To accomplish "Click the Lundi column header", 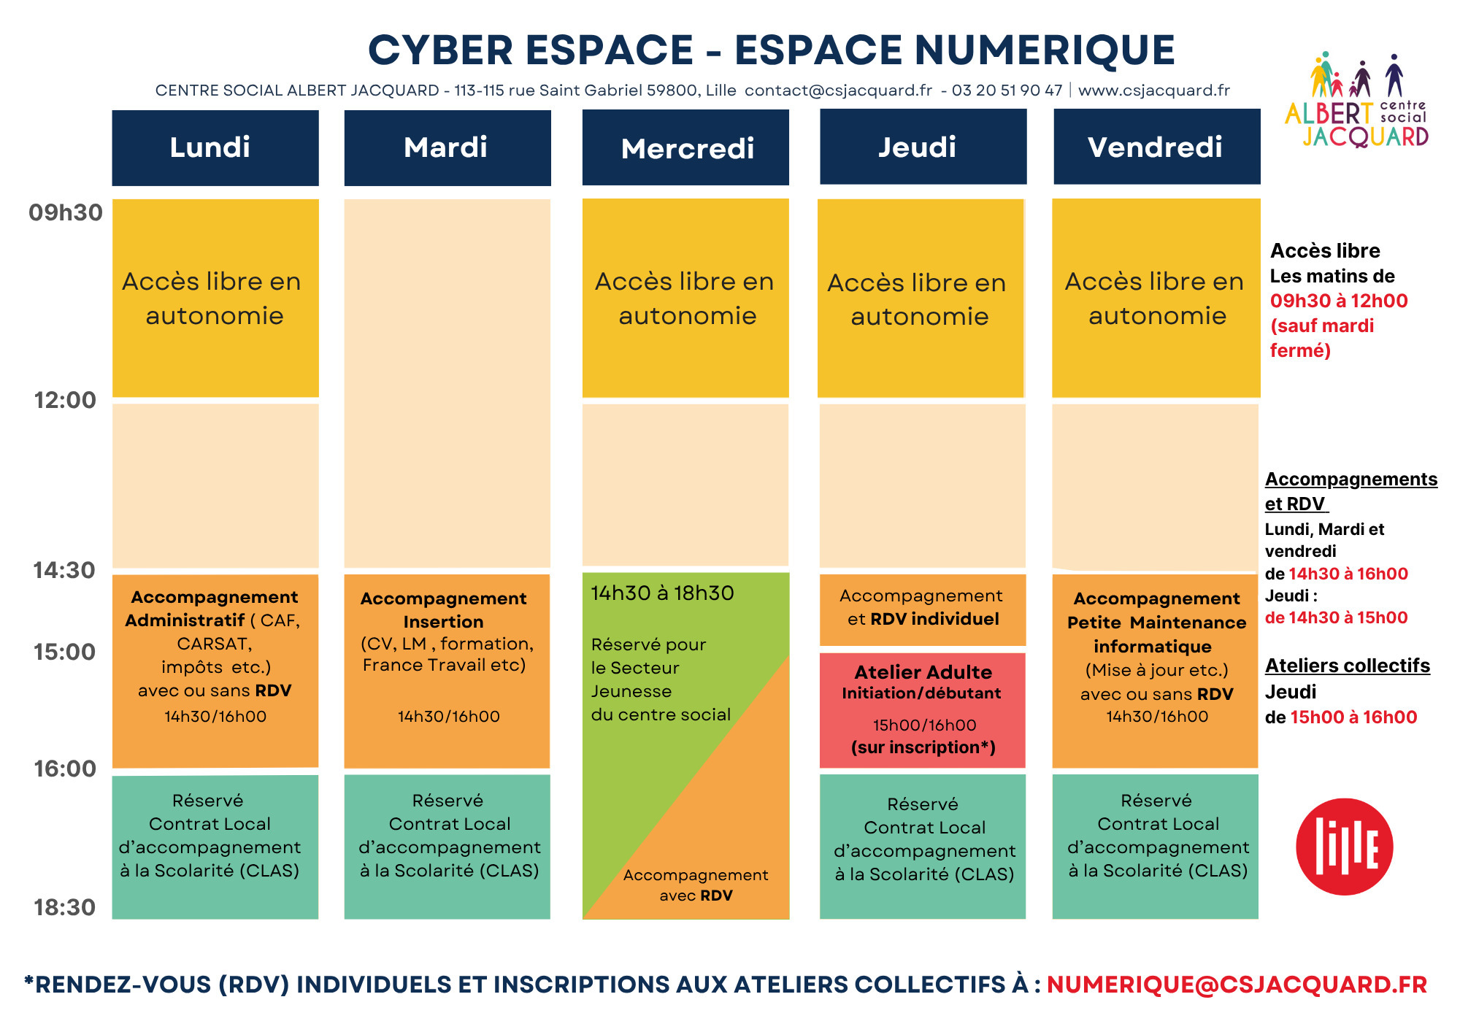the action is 215,147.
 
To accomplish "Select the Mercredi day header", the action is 685,147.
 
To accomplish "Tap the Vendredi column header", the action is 1156,147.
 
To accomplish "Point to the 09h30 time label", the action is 66,212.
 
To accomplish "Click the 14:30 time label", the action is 64,570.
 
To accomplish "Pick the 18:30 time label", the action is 64,907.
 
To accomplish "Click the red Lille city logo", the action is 1345,847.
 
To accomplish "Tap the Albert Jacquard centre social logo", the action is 1356,100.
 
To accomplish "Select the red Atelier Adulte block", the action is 923,710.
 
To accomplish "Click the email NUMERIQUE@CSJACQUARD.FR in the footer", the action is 1237,985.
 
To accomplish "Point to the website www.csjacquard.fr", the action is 1154,91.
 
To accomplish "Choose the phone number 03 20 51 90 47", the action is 1007,91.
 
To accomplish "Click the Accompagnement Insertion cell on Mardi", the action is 447,671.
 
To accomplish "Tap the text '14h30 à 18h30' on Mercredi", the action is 662,593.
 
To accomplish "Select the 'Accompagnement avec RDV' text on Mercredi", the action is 696,885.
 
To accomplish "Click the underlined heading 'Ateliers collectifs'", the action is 1348,666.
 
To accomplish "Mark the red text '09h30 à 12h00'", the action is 1339,301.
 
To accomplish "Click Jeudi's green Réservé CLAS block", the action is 923,847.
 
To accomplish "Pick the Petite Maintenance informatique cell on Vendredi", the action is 1155,671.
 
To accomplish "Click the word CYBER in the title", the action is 441,50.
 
